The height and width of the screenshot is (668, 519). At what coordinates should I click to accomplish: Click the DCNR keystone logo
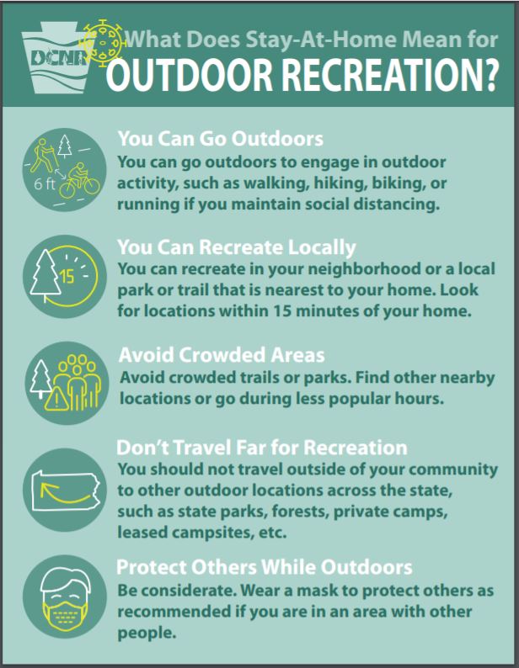[56, 58]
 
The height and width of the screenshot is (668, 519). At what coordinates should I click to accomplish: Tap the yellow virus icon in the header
[103, 43]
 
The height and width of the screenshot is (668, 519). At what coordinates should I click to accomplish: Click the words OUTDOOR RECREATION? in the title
[302, 75]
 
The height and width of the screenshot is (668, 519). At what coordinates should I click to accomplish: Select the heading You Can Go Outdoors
[220, 139]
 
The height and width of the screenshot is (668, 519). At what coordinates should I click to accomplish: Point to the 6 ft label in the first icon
[45, 184]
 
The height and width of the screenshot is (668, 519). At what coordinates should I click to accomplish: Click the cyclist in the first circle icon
[79, 180]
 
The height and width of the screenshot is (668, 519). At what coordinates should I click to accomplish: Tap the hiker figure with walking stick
[43, 155]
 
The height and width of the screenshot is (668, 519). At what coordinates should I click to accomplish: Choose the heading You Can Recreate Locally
[237, 247]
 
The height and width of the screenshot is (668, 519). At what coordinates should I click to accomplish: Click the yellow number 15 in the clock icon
[67, 277]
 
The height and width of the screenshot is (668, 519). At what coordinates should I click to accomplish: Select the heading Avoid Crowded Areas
[222, 355]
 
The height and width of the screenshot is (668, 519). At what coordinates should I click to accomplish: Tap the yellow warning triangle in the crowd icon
[56, 399]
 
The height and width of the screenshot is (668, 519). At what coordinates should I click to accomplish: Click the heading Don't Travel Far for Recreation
[262, 448]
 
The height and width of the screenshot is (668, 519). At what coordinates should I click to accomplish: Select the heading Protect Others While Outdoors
[265, 567]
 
